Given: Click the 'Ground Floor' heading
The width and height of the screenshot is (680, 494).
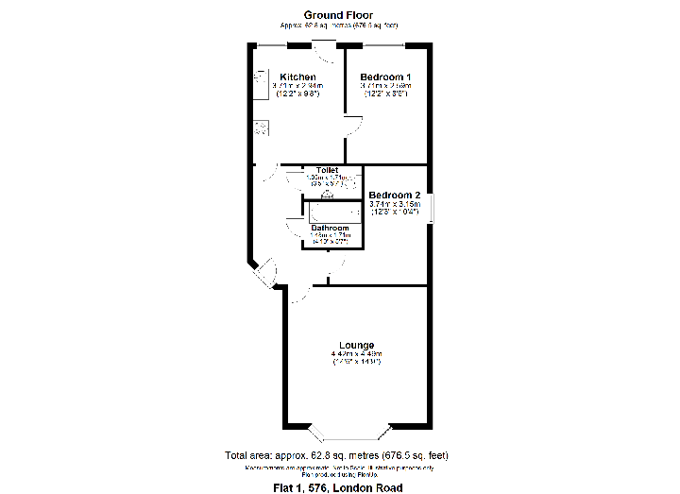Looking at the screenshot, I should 338,15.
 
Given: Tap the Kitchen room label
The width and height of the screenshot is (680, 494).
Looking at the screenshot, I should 297,77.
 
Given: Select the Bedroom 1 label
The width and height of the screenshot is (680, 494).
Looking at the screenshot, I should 385,77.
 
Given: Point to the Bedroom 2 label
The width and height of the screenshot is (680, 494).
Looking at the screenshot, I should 394,195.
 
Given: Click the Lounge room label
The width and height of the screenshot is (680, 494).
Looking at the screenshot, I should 356,345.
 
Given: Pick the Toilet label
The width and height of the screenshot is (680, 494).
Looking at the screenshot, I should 327,170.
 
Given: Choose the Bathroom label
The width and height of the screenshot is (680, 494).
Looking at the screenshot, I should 331,229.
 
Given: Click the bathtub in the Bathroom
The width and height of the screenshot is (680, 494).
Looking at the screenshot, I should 331,213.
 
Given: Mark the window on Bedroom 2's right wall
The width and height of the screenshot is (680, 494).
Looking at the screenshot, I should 430,208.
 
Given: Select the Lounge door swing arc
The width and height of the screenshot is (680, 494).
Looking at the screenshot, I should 299,294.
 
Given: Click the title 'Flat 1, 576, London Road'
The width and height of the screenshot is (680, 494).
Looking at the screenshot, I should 338,487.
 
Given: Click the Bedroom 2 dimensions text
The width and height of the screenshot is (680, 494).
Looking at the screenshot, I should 394,208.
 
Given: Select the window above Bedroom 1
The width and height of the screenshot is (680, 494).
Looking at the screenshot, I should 383,44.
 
